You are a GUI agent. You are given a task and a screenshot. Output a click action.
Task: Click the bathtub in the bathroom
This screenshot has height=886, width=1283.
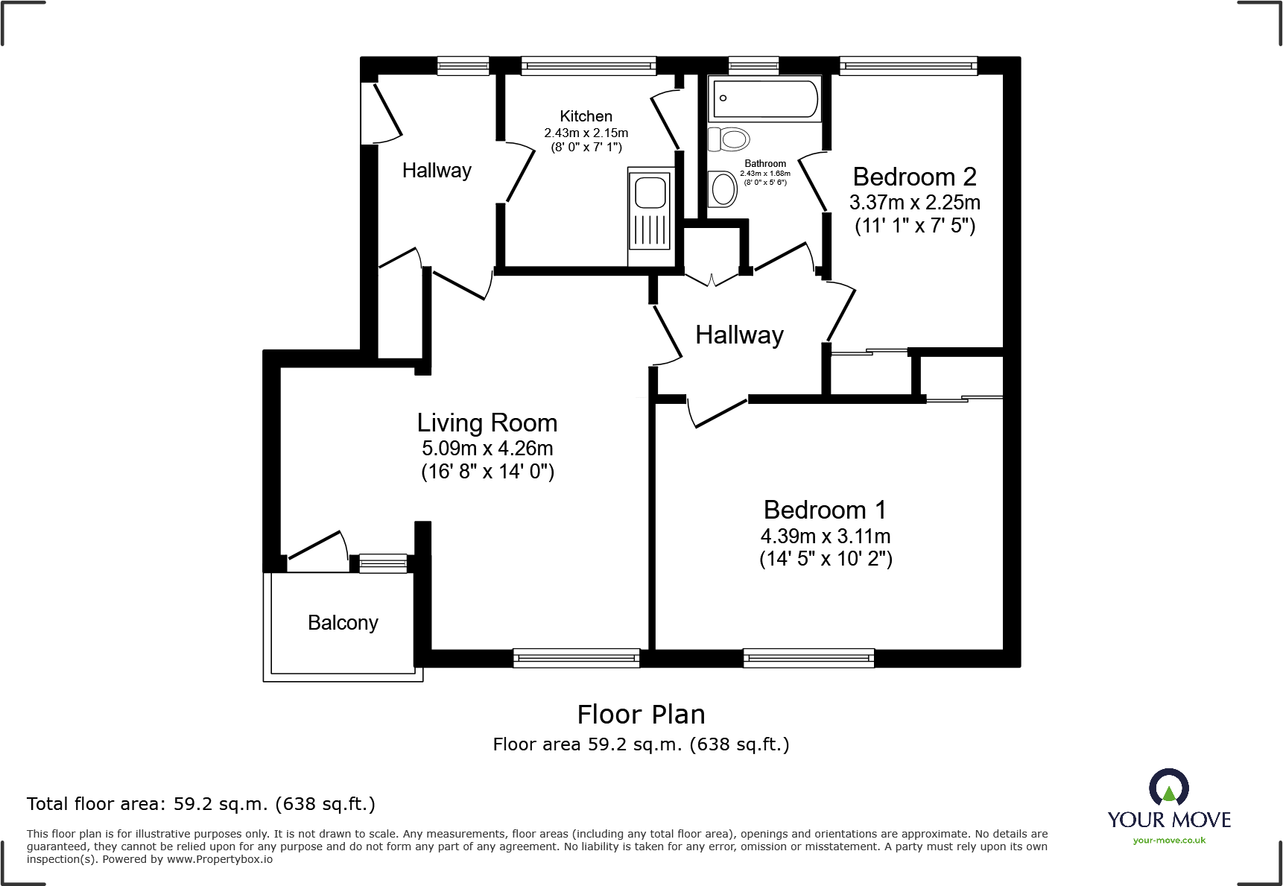pos(764,98)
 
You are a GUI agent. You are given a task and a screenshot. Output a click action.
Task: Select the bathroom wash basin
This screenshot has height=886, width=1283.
pos(723,189)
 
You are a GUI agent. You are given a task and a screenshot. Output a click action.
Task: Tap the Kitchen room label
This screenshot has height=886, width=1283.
pos(586,116)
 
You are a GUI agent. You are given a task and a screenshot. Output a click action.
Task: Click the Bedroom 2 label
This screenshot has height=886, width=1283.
pos(914,177)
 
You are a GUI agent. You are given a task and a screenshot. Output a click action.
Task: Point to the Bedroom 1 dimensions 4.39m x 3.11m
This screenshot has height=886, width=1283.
pos(825,536)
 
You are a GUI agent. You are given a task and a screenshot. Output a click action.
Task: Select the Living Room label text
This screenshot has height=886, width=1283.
pos(487,423)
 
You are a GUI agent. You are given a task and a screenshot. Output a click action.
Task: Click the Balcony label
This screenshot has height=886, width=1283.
pos(343,623)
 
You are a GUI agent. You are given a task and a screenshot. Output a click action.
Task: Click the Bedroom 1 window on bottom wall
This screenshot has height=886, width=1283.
pos(808,658)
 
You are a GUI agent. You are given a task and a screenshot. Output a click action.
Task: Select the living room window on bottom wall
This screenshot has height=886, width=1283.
pos(576,658)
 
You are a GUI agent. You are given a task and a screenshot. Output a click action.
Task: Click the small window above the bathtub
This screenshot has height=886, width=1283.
pos(753,66)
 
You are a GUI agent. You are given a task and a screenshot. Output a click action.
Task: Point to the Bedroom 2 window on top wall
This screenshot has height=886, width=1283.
pos(908,66)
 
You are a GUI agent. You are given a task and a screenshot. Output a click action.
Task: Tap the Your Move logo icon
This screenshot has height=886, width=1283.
pos(1168,788)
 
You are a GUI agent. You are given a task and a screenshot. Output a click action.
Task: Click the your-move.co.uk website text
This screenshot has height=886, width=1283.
pos(1169,841)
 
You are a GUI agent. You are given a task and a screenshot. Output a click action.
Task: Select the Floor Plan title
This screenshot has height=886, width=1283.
pos(641,715)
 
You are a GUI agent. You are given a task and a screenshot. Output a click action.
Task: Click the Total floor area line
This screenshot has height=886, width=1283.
pos(201,804)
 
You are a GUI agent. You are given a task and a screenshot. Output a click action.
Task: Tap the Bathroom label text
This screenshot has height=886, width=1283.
pos(765,164)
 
